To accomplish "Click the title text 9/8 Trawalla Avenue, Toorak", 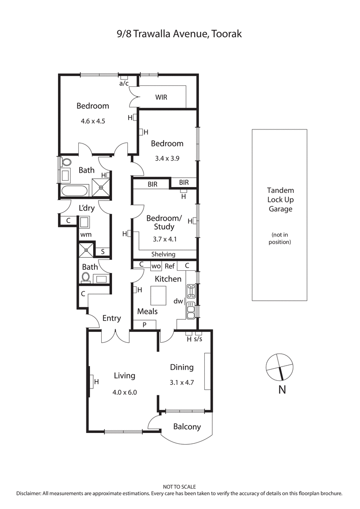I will (x=180, y=34).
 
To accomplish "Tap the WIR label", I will (x=162, y=97).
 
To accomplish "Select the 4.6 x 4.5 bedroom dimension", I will (x=93, y=121).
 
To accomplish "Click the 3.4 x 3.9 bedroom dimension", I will (x=167, y=158).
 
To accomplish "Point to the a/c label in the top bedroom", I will (x=124, y=83).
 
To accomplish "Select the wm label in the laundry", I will (x=85, y=235).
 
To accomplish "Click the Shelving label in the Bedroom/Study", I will (x=163, y=254).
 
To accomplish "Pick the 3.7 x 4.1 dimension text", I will (x=164, y=239).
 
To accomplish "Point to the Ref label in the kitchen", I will (x=169, y=266).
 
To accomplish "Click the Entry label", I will (x=112, y=318).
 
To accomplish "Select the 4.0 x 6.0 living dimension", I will (x=125, y=392).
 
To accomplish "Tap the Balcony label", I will (x=187, y=427).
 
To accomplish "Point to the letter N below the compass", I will (x=282, y=389).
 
